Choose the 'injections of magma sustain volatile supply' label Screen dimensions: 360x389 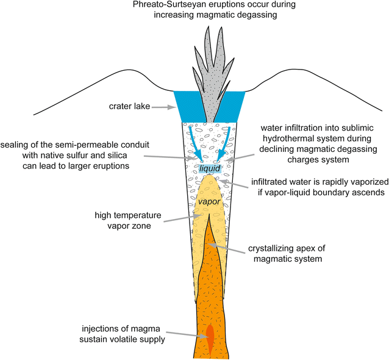pyautogui.click(x=124, y=335)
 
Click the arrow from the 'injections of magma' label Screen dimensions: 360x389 pyautogui.click(x=185, y=335)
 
